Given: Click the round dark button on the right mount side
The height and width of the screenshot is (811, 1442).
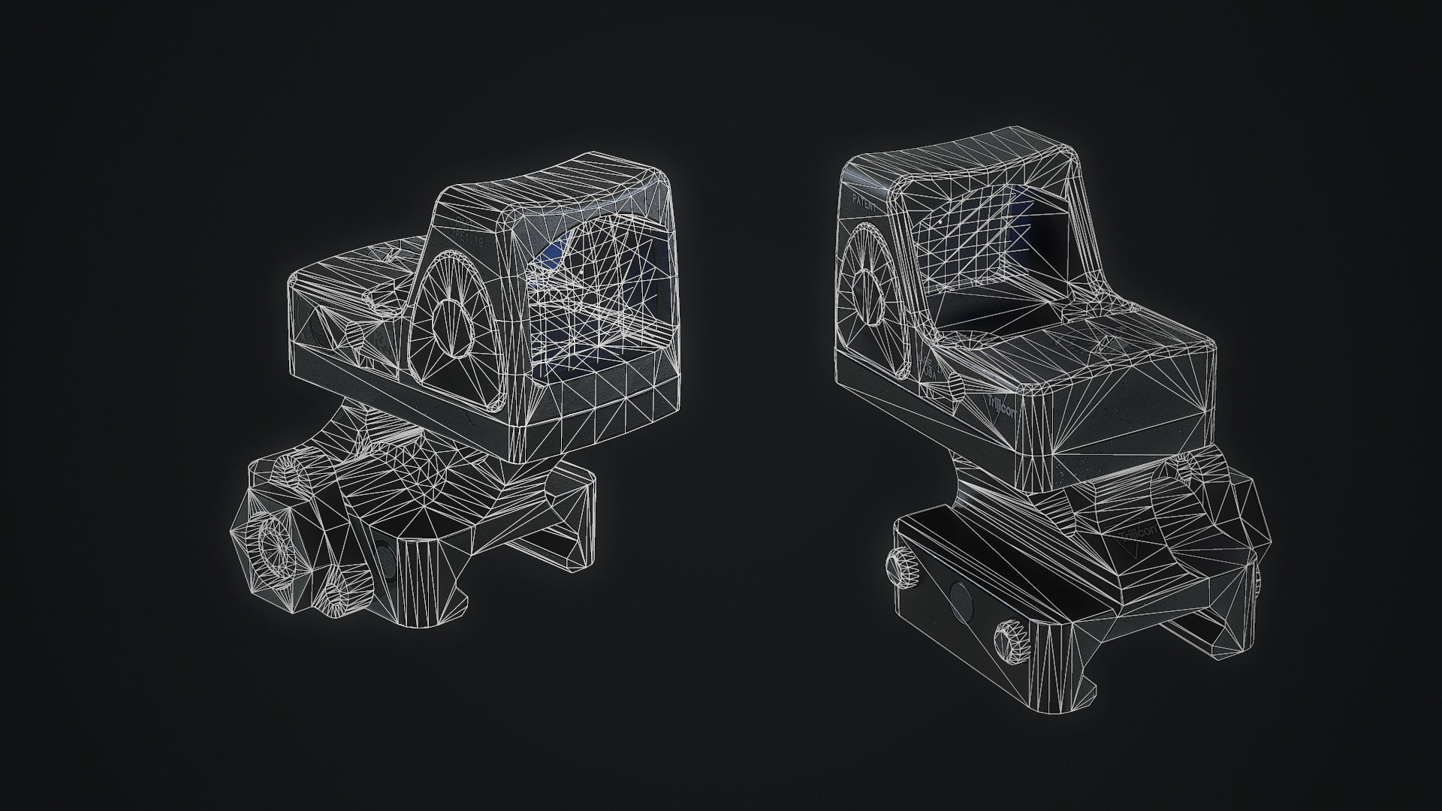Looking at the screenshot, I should tap(961, 601).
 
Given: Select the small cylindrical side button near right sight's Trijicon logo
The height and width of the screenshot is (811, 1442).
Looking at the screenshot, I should tap(955, 387).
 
